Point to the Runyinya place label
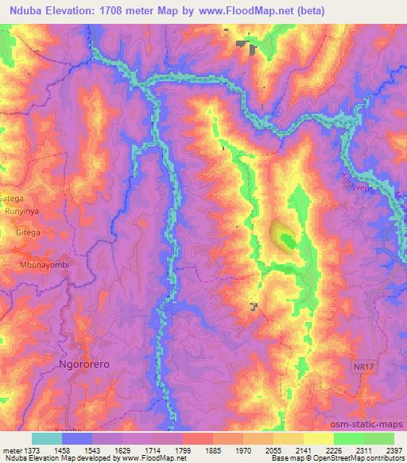[x=21, y=214]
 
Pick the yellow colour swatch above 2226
[x=319, y=438]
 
